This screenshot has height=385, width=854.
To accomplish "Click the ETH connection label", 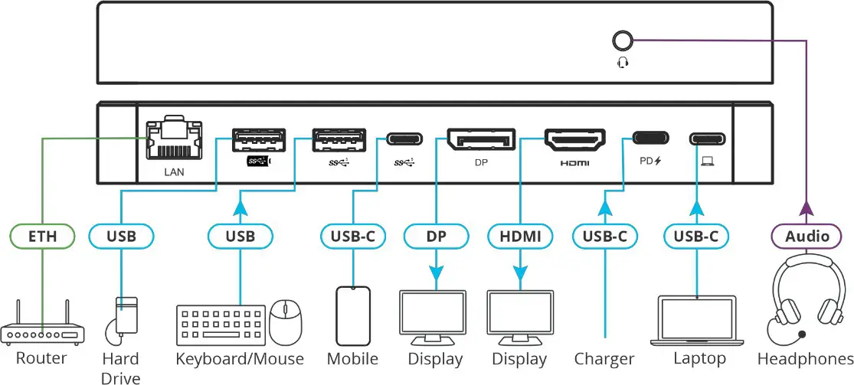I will pos(43,237).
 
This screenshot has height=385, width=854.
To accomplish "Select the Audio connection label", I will pos(807,237).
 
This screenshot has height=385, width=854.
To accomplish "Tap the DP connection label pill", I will pos(436,237).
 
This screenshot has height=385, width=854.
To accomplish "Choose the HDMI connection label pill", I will pos(520,237).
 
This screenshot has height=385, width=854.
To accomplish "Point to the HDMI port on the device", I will pos(574,139).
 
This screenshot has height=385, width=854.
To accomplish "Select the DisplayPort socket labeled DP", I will pos(480,139).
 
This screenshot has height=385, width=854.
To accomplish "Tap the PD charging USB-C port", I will pos(649,139).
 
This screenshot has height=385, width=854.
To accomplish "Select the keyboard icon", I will pos(221,326).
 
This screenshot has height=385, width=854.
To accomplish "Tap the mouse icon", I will pos(286,318).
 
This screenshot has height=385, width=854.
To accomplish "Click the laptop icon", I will pos(697,320).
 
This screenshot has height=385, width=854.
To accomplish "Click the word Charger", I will pos(604,359).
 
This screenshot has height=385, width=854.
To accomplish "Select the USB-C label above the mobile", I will pos(352,237).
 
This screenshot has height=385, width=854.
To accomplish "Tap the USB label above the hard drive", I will pos(121,237).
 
